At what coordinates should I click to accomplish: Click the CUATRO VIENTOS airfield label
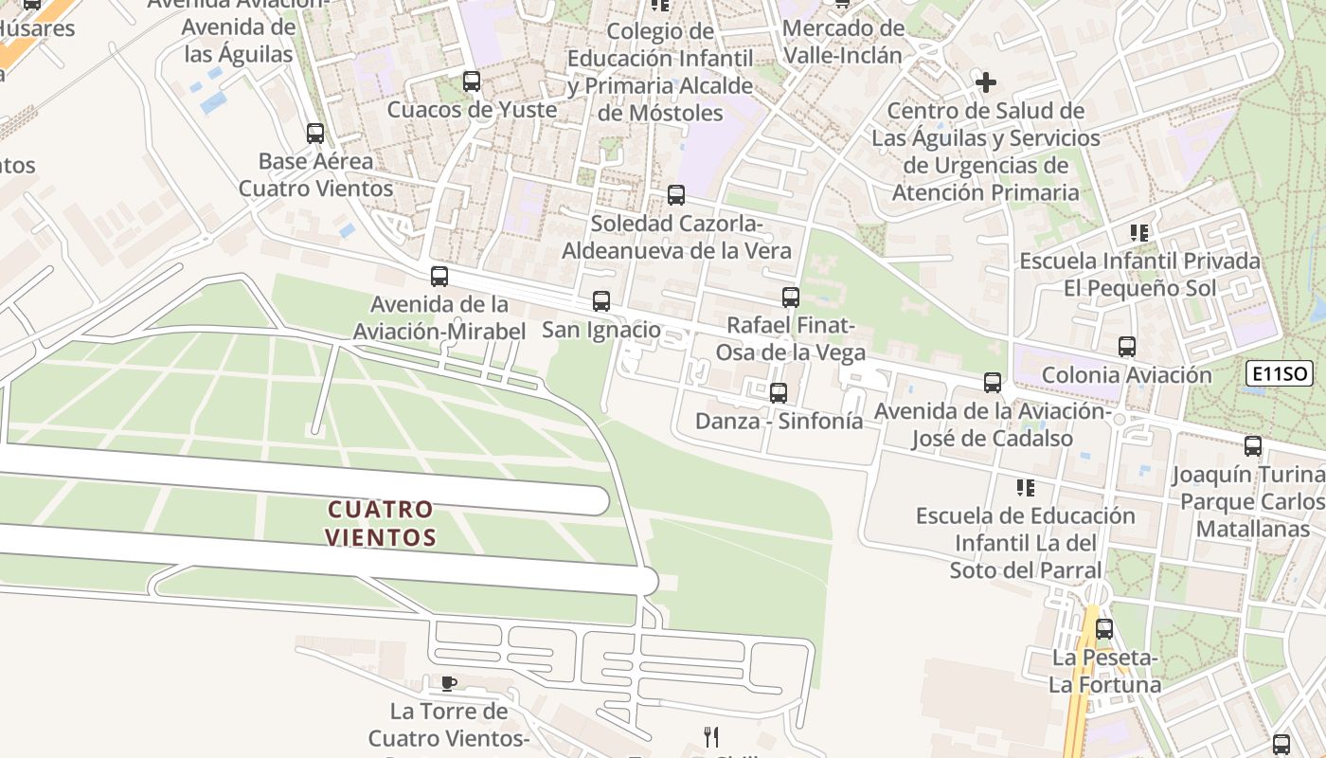click(x=381, y=524)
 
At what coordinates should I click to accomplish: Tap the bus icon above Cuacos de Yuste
click(x=472, y=81)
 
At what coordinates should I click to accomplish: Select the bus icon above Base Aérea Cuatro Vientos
click(x=315, y=134)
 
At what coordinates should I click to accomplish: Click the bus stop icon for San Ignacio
click(x=601, y=301)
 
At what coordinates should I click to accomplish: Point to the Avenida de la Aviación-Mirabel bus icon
click(x=439, y=277)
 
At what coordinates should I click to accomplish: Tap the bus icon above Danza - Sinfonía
click(x=779, y=392)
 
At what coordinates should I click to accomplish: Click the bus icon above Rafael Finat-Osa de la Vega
click(x=791, y=298)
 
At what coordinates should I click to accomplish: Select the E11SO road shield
click(x=1279, y=374)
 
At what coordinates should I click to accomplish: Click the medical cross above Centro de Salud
click(x=986, y=82)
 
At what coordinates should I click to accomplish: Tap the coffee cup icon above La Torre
click(x=449, y=683)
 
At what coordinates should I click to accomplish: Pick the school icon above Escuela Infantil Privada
click(x=1139, y=232)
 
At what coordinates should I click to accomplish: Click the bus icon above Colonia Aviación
click(x=1126, y=347)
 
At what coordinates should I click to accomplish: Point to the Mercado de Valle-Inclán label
click(x=842, y=42)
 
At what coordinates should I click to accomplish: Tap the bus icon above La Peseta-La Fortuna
click(x=1103, y=629)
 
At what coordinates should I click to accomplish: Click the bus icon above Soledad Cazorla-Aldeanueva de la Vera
click(x=676, y=195)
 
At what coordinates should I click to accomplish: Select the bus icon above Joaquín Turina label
click(x=1253, y=446)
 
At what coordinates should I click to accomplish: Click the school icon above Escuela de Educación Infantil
click(x=1025, y=488)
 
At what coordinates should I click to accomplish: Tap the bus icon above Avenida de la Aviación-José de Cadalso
click(x=993, y=383)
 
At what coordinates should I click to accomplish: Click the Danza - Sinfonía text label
click(x=779, y=421)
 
